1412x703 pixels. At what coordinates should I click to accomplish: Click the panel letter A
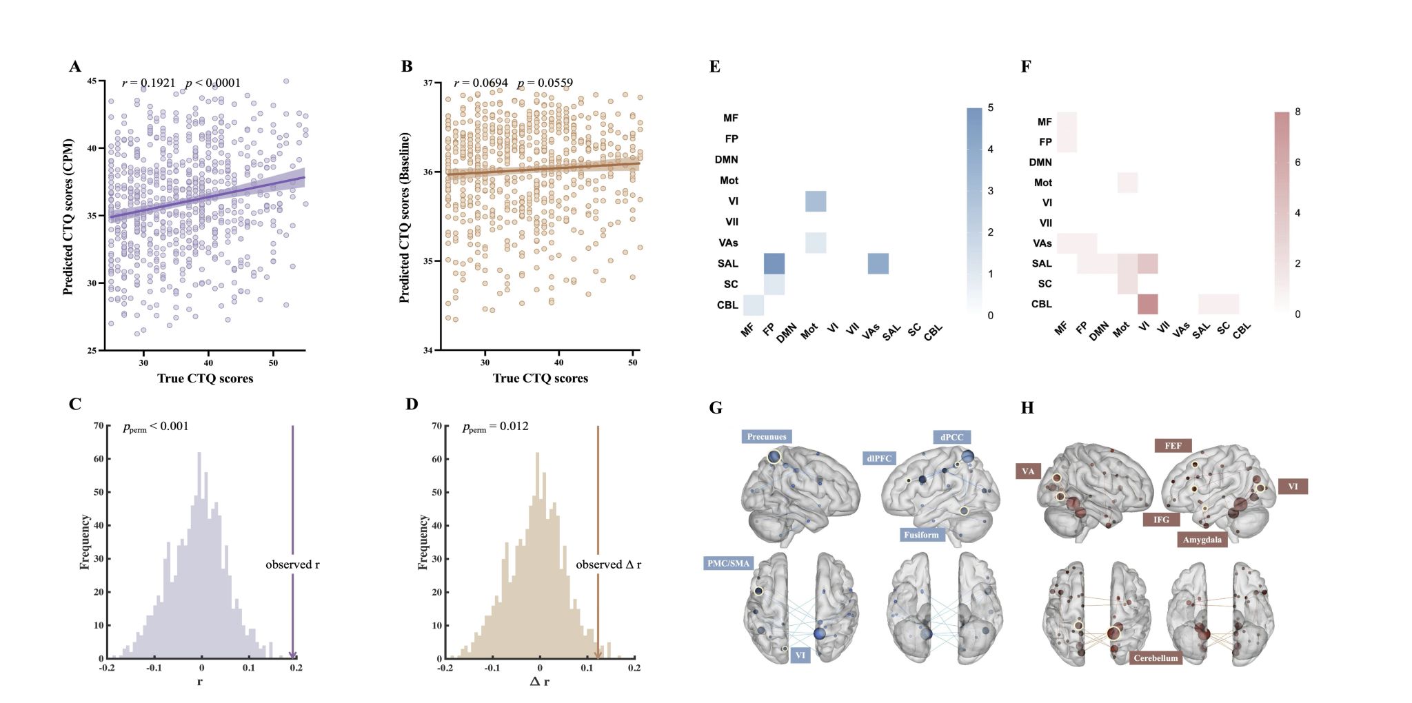coord(75,66)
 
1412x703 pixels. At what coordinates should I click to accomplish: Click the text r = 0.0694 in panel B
coord(481,83)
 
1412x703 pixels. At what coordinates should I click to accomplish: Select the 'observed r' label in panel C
coord(292,564)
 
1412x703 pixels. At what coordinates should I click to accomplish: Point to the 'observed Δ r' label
coord(608,564)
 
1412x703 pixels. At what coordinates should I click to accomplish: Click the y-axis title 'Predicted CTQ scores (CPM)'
coord(68,217)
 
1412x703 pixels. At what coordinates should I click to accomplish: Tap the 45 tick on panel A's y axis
coord(92,81)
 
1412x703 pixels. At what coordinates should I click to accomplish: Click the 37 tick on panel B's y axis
coord(428,83)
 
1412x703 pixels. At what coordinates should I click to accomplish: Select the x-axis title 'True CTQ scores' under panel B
coord(540,378)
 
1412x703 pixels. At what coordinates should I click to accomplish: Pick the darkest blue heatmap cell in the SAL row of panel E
coord(774,263)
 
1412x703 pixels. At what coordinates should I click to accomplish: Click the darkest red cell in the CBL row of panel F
coord(1147,304)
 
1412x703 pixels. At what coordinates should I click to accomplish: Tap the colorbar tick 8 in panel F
coord(1298,112)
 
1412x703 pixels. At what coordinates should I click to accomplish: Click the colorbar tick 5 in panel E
coord(990,108)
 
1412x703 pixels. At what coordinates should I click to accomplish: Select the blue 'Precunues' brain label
coord(766,436)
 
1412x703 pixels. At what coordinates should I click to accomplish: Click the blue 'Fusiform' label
coord(921,534)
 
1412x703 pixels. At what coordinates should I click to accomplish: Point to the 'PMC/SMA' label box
coord(728,563)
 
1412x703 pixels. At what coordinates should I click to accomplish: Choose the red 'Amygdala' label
coord(1202,540)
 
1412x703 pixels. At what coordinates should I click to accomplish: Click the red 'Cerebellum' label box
coord(1156,658)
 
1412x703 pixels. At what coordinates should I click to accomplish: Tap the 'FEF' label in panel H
coord(1173,446)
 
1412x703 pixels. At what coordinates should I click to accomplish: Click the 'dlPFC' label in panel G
coord(879,458)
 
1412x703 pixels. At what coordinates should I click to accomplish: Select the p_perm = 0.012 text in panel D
coord(495,427)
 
